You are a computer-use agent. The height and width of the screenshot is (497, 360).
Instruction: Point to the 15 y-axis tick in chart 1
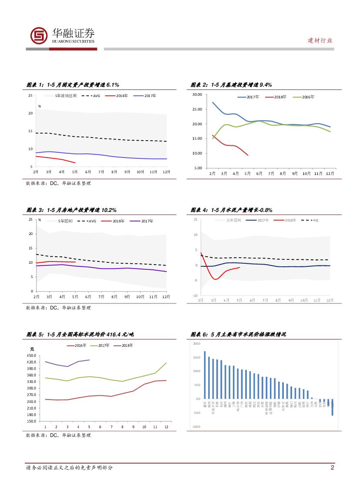(30, 131)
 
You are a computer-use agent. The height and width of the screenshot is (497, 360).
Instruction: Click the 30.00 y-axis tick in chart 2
(197, 94)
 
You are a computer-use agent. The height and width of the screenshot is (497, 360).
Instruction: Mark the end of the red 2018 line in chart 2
(248, 155)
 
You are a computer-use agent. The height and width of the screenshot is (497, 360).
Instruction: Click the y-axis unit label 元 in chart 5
(32, 349)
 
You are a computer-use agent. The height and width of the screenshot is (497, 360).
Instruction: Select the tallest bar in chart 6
(205, 375)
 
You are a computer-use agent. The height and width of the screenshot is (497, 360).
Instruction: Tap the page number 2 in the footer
(333, 468)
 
